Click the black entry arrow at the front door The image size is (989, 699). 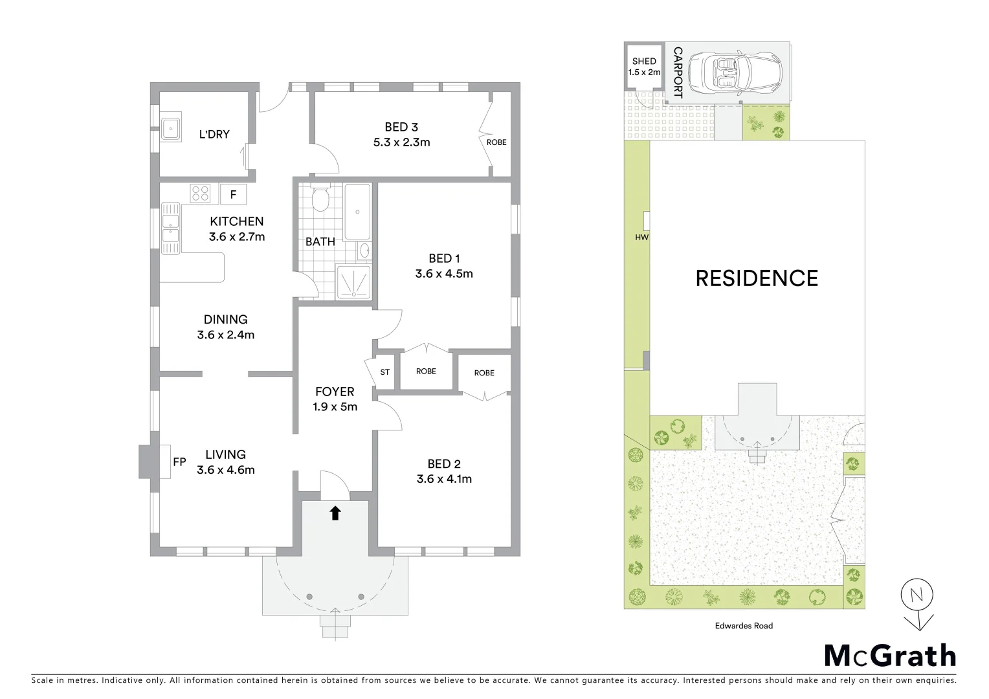pyautogui.click(x=335, y=513)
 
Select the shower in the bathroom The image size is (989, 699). pyautogui.click(x=353, y=282)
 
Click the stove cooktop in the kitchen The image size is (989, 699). pyautogui.click(x=201, y=193)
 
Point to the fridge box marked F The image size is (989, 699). pyautogui.click(x=233, y=194)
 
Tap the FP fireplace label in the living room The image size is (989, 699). pyautogui.click(x=179, y=462)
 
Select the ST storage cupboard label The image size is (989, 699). pyautogui.click(x=385, y=372)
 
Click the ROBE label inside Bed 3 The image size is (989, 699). pyautogui.click(x=496, y=142)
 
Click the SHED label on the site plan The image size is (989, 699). pyautogui.click(x=644, y=61)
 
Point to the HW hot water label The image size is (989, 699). pyautogui.click(x=641, y=238)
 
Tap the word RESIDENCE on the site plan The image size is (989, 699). pyautogui.click(x=757, y=278)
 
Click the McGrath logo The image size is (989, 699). pyautogui.click(x=889, y=656)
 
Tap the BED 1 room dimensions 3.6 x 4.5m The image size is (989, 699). pyautogui.click(x=444, y=274)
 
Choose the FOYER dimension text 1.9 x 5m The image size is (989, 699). pyautogui.click(x=335, y=407)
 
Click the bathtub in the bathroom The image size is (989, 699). pyautogui.click(x=357, y=212)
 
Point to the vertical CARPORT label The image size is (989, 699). pyautogui.click(x=678, y=72)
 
